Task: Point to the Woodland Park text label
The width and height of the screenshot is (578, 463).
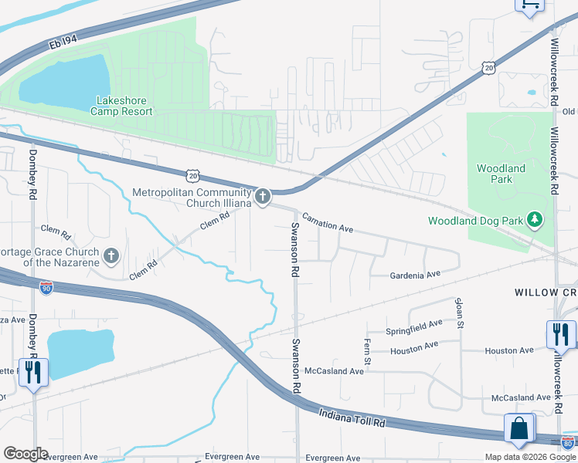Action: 501,174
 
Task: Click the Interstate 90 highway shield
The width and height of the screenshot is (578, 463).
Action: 46,288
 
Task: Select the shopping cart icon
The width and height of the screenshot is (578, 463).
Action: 529,5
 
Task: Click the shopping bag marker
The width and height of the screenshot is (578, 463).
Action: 520,428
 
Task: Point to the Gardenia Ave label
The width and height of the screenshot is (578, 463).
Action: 414,274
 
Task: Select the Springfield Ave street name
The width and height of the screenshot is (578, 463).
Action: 415,327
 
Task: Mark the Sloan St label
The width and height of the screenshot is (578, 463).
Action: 459,313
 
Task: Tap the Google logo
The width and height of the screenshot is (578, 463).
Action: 25,453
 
